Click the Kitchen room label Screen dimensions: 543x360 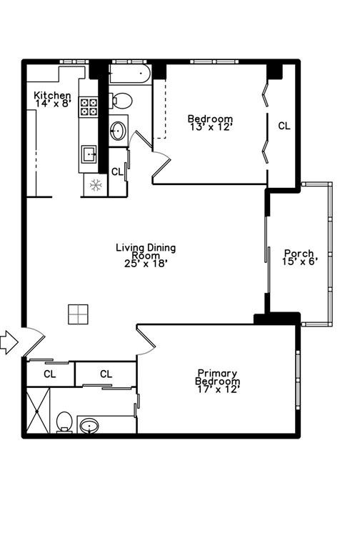52,95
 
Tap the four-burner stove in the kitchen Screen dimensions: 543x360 89,107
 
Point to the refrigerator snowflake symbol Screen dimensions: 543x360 94,185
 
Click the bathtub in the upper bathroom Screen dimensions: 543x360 130,73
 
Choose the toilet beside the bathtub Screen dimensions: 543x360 121,99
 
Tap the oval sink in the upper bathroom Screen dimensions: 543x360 118,131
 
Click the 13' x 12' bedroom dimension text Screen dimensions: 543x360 210,127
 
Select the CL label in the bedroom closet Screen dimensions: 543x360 284,126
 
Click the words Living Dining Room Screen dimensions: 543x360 146,251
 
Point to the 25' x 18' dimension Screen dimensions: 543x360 146,263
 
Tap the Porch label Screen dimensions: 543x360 299,253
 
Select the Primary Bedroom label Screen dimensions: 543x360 218,377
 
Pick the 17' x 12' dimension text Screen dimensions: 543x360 218,389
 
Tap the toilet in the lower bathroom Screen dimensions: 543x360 64,421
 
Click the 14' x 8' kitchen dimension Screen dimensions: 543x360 52,104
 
